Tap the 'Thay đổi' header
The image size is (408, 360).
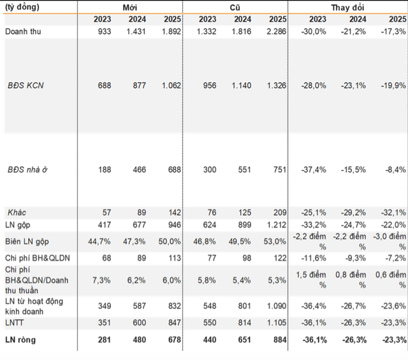(348, 7)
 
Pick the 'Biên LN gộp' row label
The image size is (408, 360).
(27, 241)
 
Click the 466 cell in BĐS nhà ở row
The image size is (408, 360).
(138, 170)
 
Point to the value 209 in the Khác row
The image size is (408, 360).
(275, 212)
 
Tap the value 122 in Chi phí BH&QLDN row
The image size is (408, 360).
(275, 258)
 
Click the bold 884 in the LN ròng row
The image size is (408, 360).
(275, 340)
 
